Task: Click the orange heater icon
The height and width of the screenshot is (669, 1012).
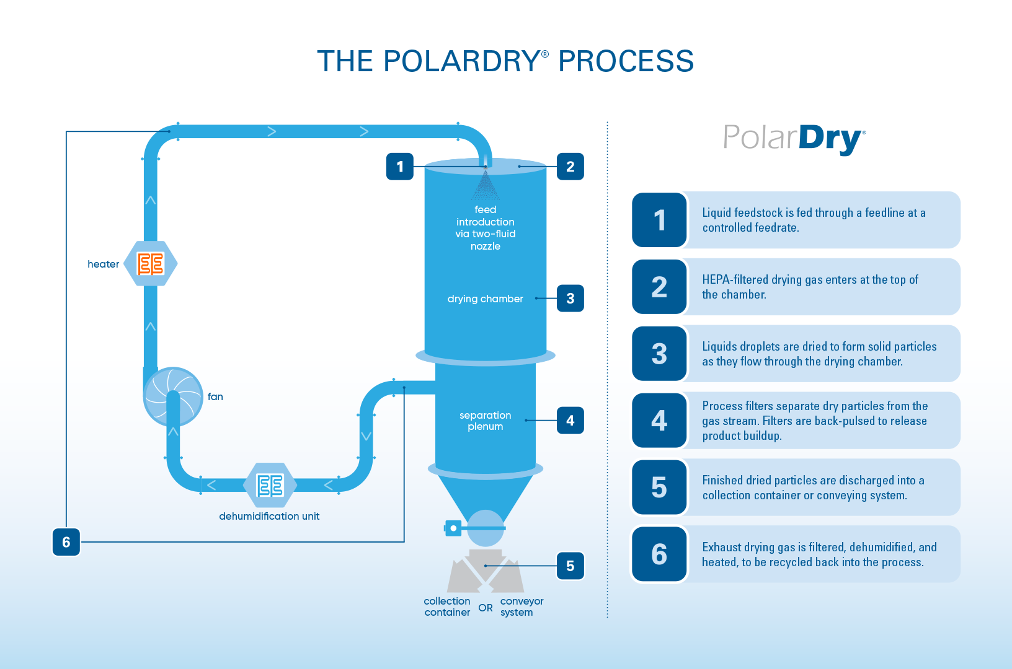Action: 151,264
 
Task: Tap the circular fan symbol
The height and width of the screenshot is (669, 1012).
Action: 173,397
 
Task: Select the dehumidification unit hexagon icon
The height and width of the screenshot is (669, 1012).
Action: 270,485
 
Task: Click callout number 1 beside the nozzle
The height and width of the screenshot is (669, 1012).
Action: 400,167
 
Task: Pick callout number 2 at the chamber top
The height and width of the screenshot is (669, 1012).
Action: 570,167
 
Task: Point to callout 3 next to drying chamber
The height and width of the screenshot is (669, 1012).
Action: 570,299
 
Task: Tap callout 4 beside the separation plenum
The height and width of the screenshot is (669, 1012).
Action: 570,420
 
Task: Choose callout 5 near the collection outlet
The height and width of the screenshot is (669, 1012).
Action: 570,566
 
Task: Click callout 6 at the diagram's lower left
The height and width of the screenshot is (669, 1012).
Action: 66,541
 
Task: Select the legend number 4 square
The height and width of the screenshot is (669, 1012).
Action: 659,420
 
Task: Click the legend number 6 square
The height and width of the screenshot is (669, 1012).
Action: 659,554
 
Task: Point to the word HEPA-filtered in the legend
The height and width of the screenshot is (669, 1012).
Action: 735,280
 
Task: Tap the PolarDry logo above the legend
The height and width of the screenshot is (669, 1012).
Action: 794,139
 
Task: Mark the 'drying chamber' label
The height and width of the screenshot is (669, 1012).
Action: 485,299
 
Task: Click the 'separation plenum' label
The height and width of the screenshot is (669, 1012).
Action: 485,421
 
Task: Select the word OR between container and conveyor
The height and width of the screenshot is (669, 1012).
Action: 486,608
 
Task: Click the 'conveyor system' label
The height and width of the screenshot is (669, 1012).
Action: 522,606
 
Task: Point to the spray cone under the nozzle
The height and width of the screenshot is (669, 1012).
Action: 486,185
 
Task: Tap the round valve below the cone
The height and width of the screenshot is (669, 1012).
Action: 485,528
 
